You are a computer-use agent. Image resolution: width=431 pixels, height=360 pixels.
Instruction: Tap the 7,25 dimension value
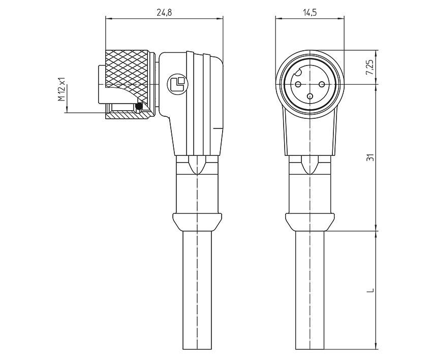tap(370, 67)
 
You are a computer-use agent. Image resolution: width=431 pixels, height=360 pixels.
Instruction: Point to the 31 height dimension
tap(370, 157)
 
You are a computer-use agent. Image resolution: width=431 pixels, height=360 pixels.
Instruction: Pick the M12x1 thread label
tap(62, 89)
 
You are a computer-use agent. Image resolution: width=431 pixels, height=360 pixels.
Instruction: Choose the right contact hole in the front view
tap(321, 78)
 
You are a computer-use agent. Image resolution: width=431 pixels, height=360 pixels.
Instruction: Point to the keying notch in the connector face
tap(299, 72)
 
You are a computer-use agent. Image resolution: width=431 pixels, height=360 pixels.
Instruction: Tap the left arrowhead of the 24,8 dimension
tap(107, 19)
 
